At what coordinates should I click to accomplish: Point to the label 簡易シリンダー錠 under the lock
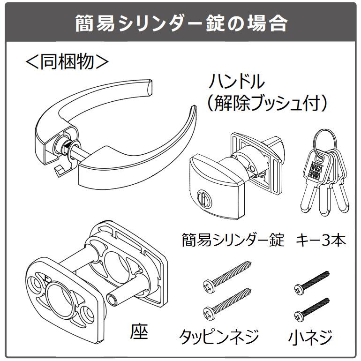233,241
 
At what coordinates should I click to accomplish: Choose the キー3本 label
321,241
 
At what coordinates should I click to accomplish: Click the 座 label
139,332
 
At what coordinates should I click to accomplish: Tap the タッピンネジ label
219,336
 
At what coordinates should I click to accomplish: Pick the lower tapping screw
228,304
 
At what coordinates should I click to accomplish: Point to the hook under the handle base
58,171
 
